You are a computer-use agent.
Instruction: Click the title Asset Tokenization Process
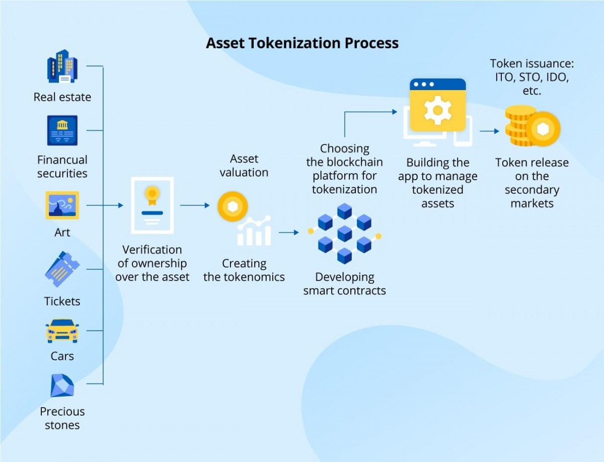pyautogui.click(x=302, y=43)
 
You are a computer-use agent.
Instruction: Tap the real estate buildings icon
pyautogui.click(x=62, y=66)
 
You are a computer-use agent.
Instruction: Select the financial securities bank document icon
pyautogui.click(x=62, y=130)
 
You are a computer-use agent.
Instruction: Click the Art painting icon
pyautogui.click(x=62, y=205)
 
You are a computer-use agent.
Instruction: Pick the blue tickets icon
pyautogui.click(x=62, y=269)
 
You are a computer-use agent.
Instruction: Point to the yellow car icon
pyautogui.click(x=62, y=331)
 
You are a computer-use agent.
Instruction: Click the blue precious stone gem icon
pyautogui.click(x=62, y=385)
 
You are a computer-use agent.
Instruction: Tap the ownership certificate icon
pyautogui.click(x=152, y=205)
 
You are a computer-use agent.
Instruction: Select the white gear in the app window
pyautogui.click(x=437, y=110)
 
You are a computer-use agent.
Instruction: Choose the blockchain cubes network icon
pyautogui.click(x=344, y=233)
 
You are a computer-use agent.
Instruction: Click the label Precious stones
pyautogui.click(x=62, y=418)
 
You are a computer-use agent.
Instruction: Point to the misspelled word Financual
pyautogui.click(x=62, y=160)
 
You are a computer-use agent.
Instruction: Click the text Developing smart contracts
pyautogui.click(x=344, y=284)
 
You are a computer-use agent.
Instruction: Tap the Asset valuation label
pyautogui.click(x=244, y=166)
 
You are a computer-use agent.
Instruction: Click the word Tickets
pyautogui.click(x=62, y=301)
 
